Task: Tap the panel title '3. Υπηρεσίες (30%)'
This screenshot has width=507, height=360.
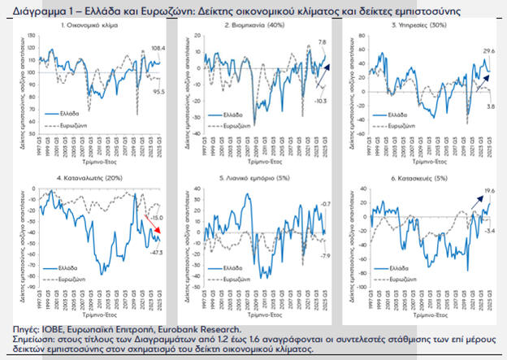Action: pos(418,27)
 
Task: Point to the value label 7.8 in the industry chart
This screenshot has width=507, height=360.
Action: pos(321,42)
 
